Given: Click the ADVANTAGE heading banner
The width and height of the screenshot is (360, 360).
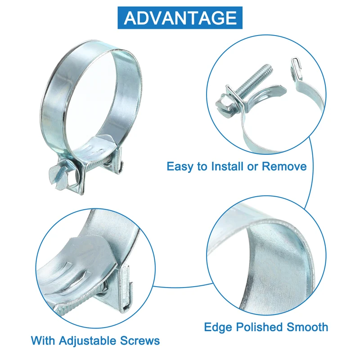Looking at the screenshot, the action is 180,18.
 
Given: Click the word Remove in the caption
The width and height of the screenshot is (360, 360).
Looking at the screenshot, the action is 284,166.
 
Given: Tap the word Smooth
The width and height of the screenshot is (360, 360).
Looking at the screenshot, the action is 307,327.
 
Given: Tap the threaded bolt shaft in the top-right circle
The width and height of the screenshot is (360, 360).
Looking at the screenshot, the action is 254,80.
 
